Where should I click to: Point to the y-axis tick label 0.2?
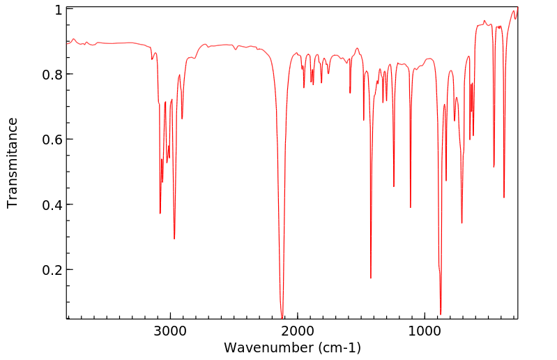click(54, 270)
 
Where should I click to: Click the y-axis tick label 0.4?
click(54, 205)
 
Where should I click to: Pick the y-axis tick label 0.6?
click(54, 140)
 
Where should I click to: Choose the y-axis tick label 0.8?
click(54, 75)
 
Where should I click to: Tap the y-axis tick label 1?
click(59, 10)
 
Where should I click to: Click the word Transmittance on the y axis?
click(13, 163)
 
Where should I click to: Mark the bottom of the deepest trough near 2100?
click(282, 317)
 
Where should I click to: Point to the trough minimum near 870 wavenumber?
click(441, 314)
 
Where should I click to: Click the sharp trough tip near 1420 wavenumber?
click(371, 278)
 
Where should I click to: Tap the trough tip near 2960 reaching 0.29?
click(174, 239)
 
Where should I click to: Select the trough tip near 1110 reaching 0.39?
click(411, 207)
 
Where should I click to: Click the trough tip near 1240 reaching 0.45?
click(394, 186)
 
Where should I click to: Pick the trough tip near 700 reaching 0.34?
click(462, 223)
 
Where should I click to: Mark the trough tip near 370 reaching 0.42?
click(504, 197)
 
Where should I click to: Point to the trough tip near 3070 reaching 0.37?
click(160, 213)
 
